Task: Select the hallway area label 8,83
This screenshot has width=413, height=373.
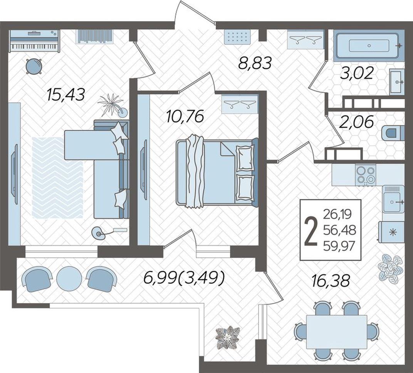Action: pyautogui.click(x=255, y=63)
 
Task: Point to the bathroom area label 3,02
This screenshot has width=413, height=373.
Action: pyautogui.click(x=357, y=73)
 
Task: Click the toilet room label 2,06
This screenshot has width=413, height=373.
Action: pyautogui.click(x=356, y=122)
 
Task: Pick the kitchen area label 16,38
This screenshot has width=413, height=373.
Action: pyautogui.click(x=331, y=280)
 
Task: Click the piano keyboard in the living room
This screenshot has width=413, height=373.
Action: pyautogui.click(x=34, y=41)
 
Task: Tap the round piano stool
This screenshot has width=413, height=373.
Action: pyautogui.click(x=34, y=66)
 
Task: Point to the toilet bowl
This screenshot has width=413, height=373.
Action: pyautogui.click(x=392, y=133)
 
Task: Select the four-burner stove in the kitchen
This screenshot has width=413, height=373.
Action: pyautogui.click(x=366, y=174)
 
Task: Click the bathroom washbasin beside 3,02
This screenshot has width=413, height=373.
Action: pyautogui.click(x=397, y=82)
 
